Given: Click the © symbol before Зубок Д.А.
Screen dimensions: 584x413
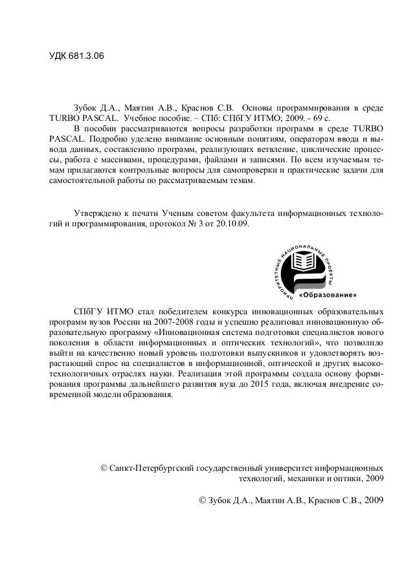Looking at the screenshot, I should pos(203,501).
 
